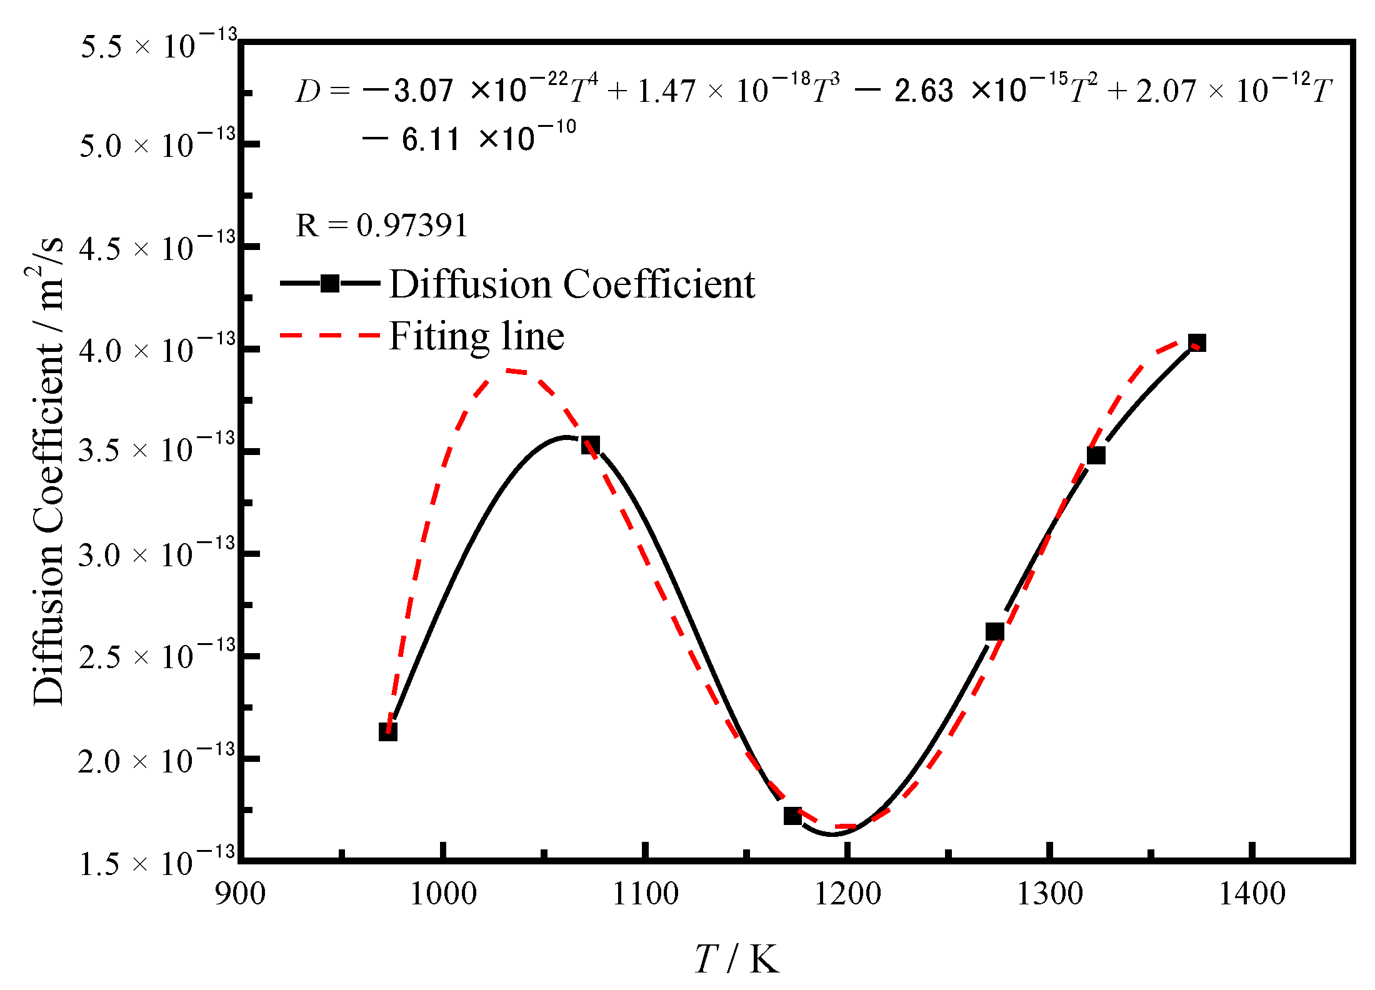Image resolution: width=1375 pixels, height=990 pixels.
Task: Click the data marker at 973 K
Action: (388, 732)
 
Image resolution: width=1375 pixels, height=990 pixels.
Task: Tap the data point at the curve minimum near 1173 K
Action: (792, 816)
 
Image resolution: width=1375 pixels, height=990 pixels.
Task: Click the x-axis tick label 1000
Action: (442, 894)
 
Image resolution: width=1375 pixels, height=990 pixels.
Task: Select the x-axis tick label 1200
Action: (847, 894)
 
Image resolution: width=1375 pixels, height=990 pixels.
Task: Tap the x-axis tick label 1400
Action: (1252, 894)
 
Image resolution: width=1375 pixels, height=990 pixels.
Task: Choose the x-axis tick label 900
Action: (240, 894)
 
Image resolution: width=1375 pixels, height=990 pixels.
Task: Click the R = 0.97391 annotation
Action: (381, 225)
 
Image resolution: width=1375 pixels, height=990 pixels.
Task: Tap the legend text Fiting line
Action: (476, 336)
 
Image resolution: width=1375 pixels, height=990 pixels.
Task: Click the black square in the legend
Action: (330, 283)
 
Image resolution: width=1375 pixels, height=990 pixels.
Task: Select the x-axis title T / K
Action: (737, 959)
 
